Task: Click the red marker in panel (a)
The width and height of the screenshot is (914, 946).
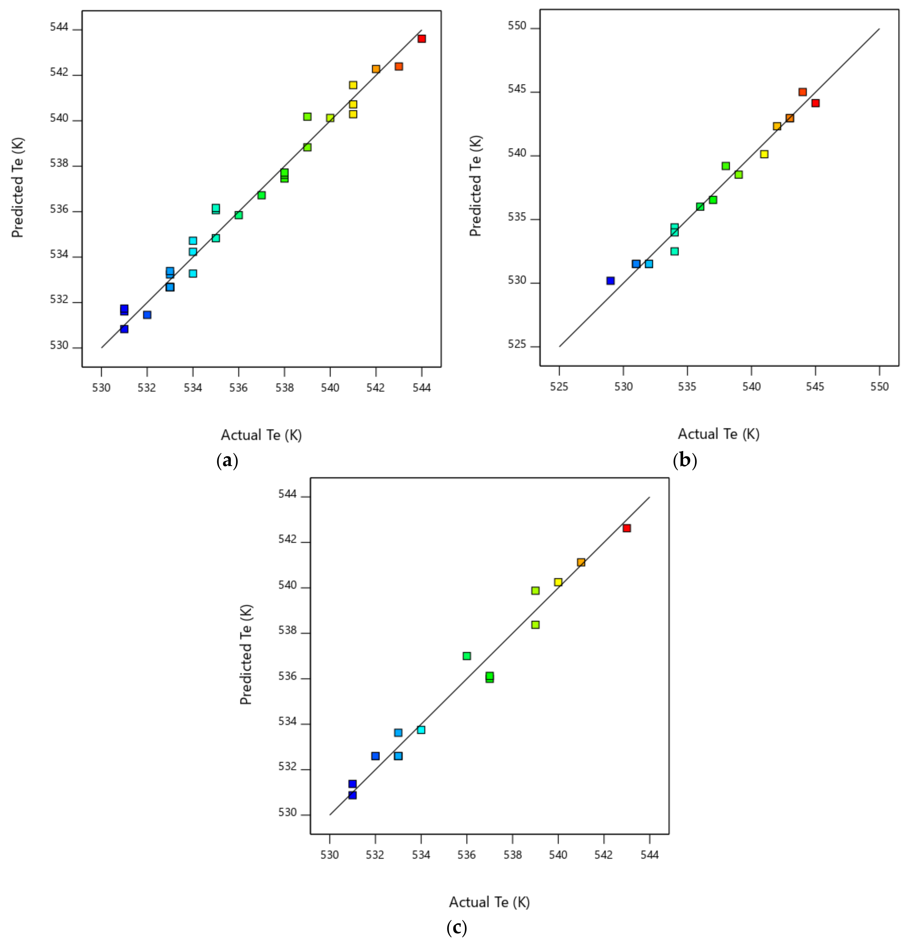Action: point(421,39)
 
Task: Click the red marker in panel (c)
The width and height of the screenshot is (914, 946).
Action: point(626,528)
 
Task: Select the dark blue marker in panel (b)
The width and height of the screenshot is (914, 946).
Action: point(611,281)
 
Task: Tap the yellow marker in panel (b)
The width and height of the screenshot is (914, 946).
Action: point(764,154)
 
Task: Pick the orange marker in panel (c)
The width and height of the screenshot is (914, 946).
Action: point(581,562)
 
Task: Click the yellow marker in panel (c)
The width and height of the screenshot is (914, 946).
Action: point(558,582)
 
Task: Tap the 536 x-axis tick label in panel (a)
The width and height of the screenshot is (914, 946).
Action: point(238,387)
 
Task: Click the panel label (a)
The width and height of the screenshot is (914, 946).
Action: point(227,461)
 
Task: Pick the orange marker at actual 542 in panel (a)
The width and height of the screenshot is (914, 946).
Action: point(376,69)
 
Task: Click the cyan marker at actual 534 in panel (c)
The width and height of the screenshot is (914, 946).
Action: point(421,730)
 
